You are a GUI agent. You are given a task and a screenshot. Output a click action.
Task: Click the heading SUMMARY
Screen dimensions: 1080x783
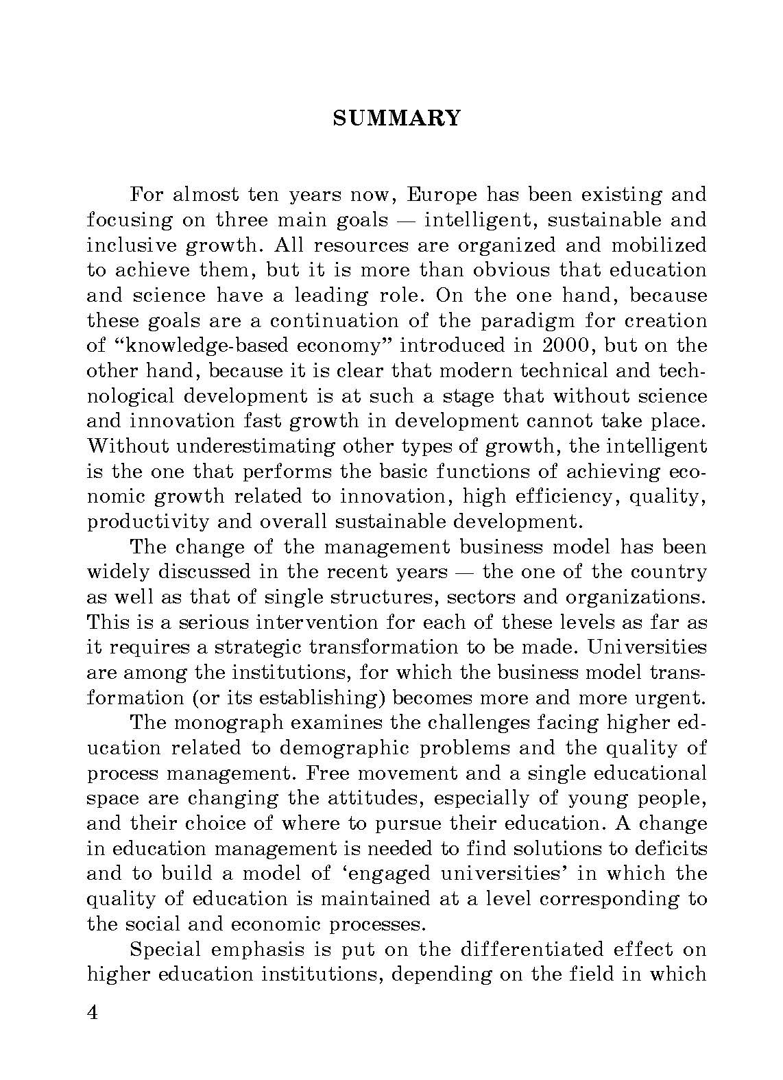[396, 119]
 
